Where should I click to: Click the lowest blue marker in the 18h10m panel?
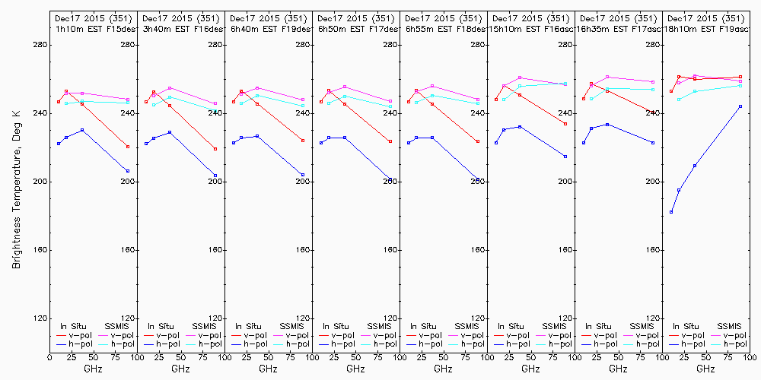click(671, 212)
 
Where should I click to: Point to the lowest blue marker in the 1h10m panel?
click(128, 170)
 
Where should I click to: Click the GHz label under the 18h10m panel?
click(705, 369)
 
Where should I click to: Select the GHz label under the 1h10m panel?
click(93, 369)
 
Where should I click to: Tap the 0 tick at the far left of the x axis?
click(49, 356)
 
